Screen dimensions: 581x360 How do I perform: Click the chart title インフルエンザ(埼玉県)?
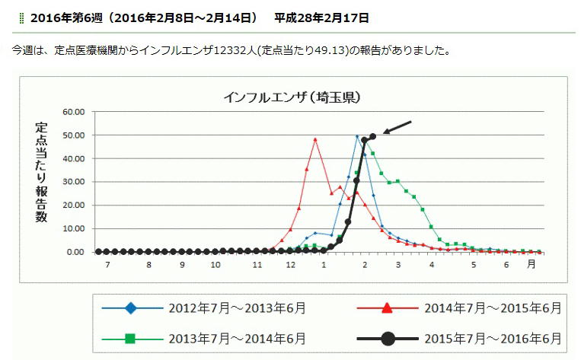[x=292, y=97]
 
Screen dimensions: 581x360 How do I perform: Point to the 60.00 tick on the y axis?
[x=73, y=112]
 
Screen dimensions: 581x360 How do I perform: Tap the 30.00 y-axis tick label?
[x=73, y=182]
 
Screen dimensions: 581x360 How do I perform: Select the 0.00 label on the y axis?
[x=75, y=252]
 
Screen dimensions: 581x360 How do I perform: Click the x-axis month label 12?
[x=291, y=265]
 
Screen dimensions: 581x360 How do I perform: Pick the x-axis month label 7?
[x=107, y=265]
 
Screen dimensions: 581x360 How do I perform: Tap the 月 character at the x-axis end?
[x=532, y=264]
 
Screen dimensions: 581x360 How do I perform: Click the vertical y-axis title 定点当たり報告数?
[x=41, y=172]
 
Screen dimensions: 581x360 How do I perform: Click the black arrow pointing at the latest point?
[x=397, y=127]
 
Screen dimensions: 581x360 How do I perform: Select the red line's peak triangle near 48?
[x=315, y=139]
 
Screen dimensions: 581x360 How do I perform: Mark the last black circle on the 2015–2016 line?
[x=373, y=137]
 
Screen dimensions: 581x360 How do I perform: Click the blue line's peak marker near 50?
[x=357, y=136]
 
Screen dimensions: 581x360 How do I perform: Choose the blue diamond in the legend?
[x=130, y=307]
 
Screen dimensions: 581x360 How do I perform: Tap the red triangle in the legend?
[x=387, y=307]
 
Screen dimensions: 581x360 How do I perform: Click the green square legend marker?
[x=130, y=339]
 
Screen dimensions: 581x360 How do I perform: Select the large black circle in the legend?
[x=388, y=339]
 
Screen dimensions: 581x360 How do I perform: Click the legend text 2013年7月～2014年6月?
[x=237, y=339]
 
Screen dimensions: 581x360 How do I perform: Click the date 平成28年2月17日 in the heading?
[x=321, y=18]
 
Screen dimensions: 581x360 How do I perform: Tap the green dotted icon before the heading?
[x=21, y=18]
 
